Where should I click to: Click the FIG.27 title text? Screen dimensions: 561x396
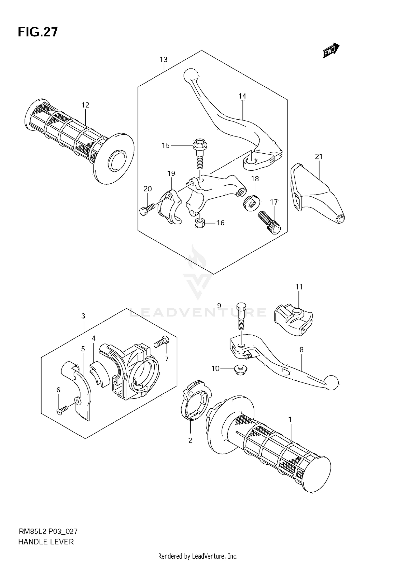click(38, 32)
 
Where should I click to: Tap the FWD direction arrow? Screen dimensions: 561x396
click(331, 50)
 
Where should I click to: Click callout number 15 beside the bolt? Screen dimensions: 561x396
click(166, 145)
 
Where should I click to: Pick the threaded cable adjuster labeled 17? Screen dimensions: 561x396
click(270, 222)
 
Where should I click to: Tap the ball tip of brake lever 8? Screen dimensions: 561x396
click(332, 382)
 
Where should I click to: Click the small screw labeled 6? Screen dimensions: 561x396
click(62, 411)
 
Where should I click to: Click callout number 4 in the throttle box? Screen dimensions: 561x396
click(93, 338)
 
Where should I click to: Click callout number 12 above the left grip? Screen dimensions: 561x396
click(85, 105)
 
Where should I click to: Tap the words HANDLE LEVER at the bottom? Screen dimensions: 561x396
click(46, 542)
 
